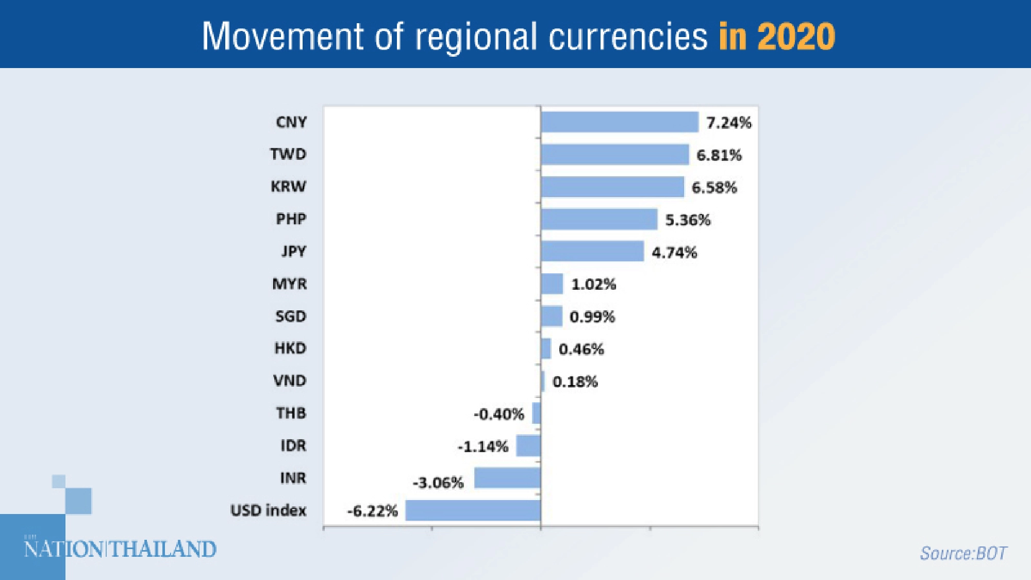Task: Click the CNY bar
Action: pos(620,122)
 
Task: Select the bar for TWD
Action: pos(614,155)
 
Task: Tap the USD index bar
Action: pos(473,510)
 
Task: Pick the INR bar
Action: pos(507,478)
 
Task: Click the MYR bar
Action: pos(552,284)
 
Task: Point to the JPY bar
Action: pos(592,252)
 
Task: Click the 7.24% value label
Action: pos(728,123)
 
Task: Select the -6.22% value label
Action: pos(372,511)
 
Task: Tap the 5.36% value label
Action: pos(688,220)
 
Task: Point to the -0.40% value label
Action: pos(498,414)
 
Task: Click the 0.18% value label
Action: pos(575,382)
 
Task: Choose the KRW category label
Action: pos(288,187)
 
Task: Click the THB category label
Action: pos(291,413)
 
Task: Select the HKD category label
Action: pos(290,349)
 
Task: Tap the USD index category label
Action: pos(268,510)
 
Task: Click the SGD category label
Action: pos(291,316)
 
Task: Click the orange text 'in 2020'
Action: pos(776,36)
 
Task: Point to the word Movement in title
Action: pos(282,36)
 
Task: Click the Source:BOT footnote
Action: pos(962,553)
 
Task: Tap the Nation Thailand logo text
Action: pos(120,549)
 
